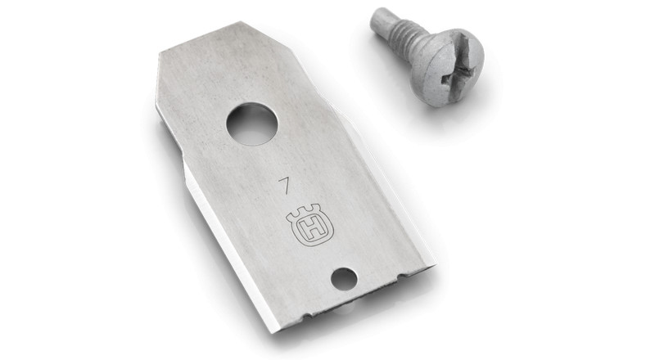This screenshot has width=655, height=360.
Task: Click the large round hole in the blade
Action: coord(252,124)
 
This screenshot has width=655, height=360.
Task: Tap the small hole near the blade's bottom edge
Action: coord(344,279)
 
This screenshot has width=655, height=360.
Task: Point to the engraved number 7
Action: coord(286,185)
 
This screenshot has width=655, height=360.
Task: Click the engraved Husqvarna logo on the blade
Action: coord(310,226)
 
